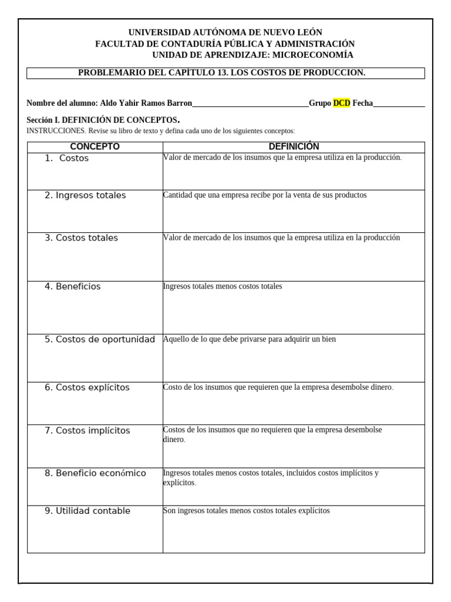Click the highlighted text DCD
(x=341, y=103)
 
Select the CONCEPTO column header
(x=95, y=146)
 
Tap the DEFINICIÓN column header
(x=294, y=146)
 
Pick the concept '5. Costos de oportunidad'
(x=99, y=339)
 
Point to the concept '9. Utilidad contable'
(x=87, y=511)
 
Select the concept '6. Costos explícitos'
(x=87, y=387)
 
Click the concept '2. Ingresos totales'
(x=85, y=195)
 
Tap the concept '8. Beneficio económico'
(x=95, y=473)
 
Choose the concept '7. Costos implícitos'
(x=87, y=430)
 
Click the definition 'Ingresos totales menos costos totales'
(x=223, y=286)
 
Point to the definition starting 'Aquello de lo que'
(x=250, y=339)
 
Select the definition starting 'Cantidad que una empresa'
(x=265, y=195)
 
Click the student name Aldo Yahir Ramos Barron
(x=146, y=103)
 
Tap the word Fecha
(x=362, y=103)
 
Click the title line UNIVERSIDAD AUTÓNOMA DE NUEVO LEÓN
(x=225, y=32)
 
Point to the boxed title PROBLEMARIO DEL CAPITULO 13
(x=222, y=72)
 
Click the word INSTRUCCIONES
(x=56, y=131)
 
